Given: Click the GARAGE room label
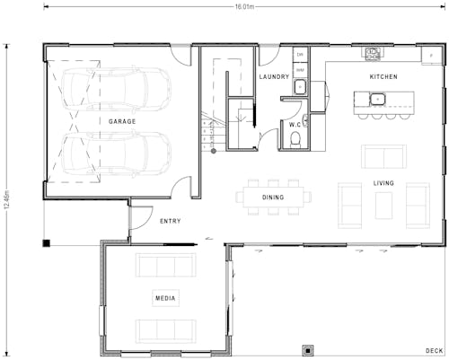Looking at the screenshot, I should tap(122, 121).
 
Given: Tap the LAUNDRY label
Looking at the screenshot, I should tap(274, 77).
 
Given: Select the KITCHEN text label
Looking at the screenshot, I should tap(383, 77).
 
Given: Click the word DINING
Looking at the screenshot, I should tap(273, 197).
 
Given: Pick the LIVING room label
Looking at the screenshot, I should tap(383, 183).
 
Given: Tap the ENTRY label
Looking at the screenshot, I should tap(170, 221).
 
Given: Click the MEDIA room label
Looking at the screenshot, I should tap(164, 298).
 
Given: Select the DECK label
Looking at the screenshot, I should tap(435, 350).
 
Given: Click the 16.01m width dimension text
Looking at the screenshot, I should tap(244, 6).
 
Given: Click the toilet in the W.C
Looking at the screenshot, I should tap(297, 138).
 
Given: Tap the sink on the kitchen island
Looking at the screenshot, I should tap(379, 98).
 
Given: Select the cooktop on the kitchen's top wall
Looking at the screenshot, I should tap(374, 53).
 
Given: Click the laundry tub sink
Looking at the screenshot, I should tap(300, 87).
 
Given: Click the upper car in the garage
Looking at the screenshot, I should tap(117, 90).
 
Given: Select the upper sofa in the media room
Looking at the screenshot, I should tap(165, 266).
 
